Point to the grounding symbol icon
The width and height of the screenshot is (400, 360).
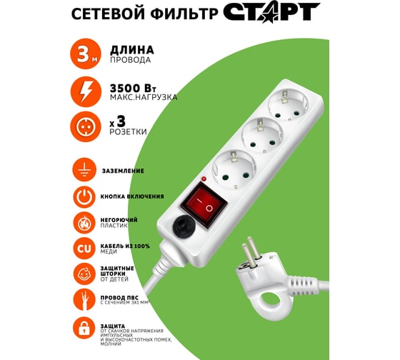84,171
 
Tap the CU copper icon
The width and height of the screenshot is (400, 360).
84,248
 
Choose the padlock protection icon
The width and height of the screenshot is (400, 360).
84,329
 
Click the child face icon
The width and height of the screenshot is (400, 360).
84,274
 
